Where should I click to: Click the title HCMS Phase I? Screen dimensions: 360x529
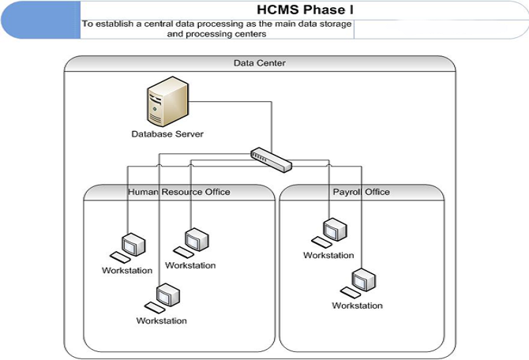point(304,9)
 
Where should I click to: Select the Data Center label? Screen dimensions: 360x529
point(260,63)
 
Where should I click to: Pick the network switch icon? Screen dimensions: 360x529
point(271,157)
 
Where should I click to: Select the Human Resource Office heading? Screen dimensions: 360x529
point(179,192)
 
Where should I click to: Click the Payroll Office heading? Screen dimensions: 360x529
point(361,192)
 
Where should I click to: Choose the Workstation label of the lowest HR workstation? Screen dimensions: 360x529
point(161,321)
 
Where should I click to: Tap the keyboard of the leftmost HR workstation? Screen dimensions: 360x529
point(120,257)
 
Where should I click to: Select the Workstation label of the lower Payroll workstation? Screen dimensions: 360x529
point(357,306)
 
